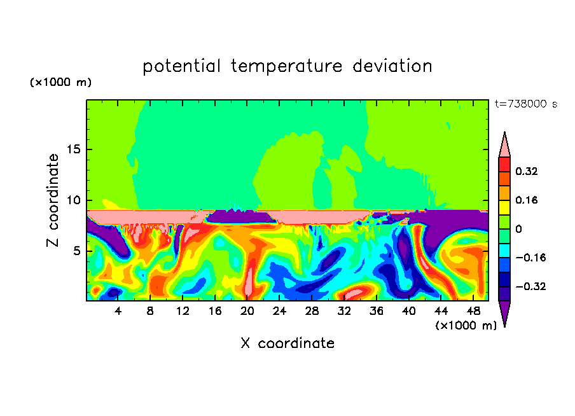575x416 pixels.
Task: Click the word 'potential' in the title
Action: pyautogui.click(x=181, y=67)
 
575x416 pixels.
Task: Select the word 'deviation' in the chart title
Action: pyautogui.click(x=392, y=66)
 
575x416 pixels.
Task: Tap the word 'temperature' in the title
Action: pyautogui.click(x=287, y=67)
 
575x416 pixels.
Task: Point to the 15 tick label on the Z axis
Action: pyautogui.click(x=73, y=149)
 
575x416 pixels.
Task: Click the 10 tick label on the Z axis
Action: pyautogui.click(x=73, y=200)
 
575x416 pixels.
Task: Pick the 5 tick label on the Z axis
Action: pyautogui.click(x=76, y=251)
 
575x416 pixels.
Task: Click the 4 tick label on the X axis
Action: pyautogui.click(x=118, y=312)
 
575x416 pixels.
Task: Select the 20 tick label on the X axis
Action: pyautogui.click(x=247, y=312)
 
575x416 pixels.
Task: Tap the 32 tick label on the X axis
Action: pyautogui.click(x=344, y=312)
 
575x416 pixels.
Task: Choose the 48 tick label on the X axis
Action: pyautogui.click(x=473, y=312)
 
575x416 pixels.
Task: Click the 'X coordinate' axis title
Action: pyautogui.click(x=287, y=343)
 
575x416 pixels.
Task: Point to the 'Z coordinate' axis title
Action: pyautogui.click(x=52, y=200)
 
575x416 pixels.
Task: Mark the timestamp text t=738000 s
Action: pyautogui.click(x=526, y=104)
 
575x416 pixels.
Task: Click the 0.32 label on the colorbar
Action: pyautogui.click(x=526, y=171)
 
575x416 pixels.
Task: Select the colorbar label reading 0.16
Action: pyautogui.click(x=526, y=200)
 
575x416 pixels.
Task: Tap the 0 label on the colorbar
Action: pyautogui.click(x=518, y=229)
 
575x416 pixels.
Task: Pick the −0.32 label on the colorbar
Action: pyautogui.click(x=530, y=286)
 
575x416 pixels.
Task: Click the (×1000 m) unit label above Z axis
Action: pyautogui.click(x=60, y=82)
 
